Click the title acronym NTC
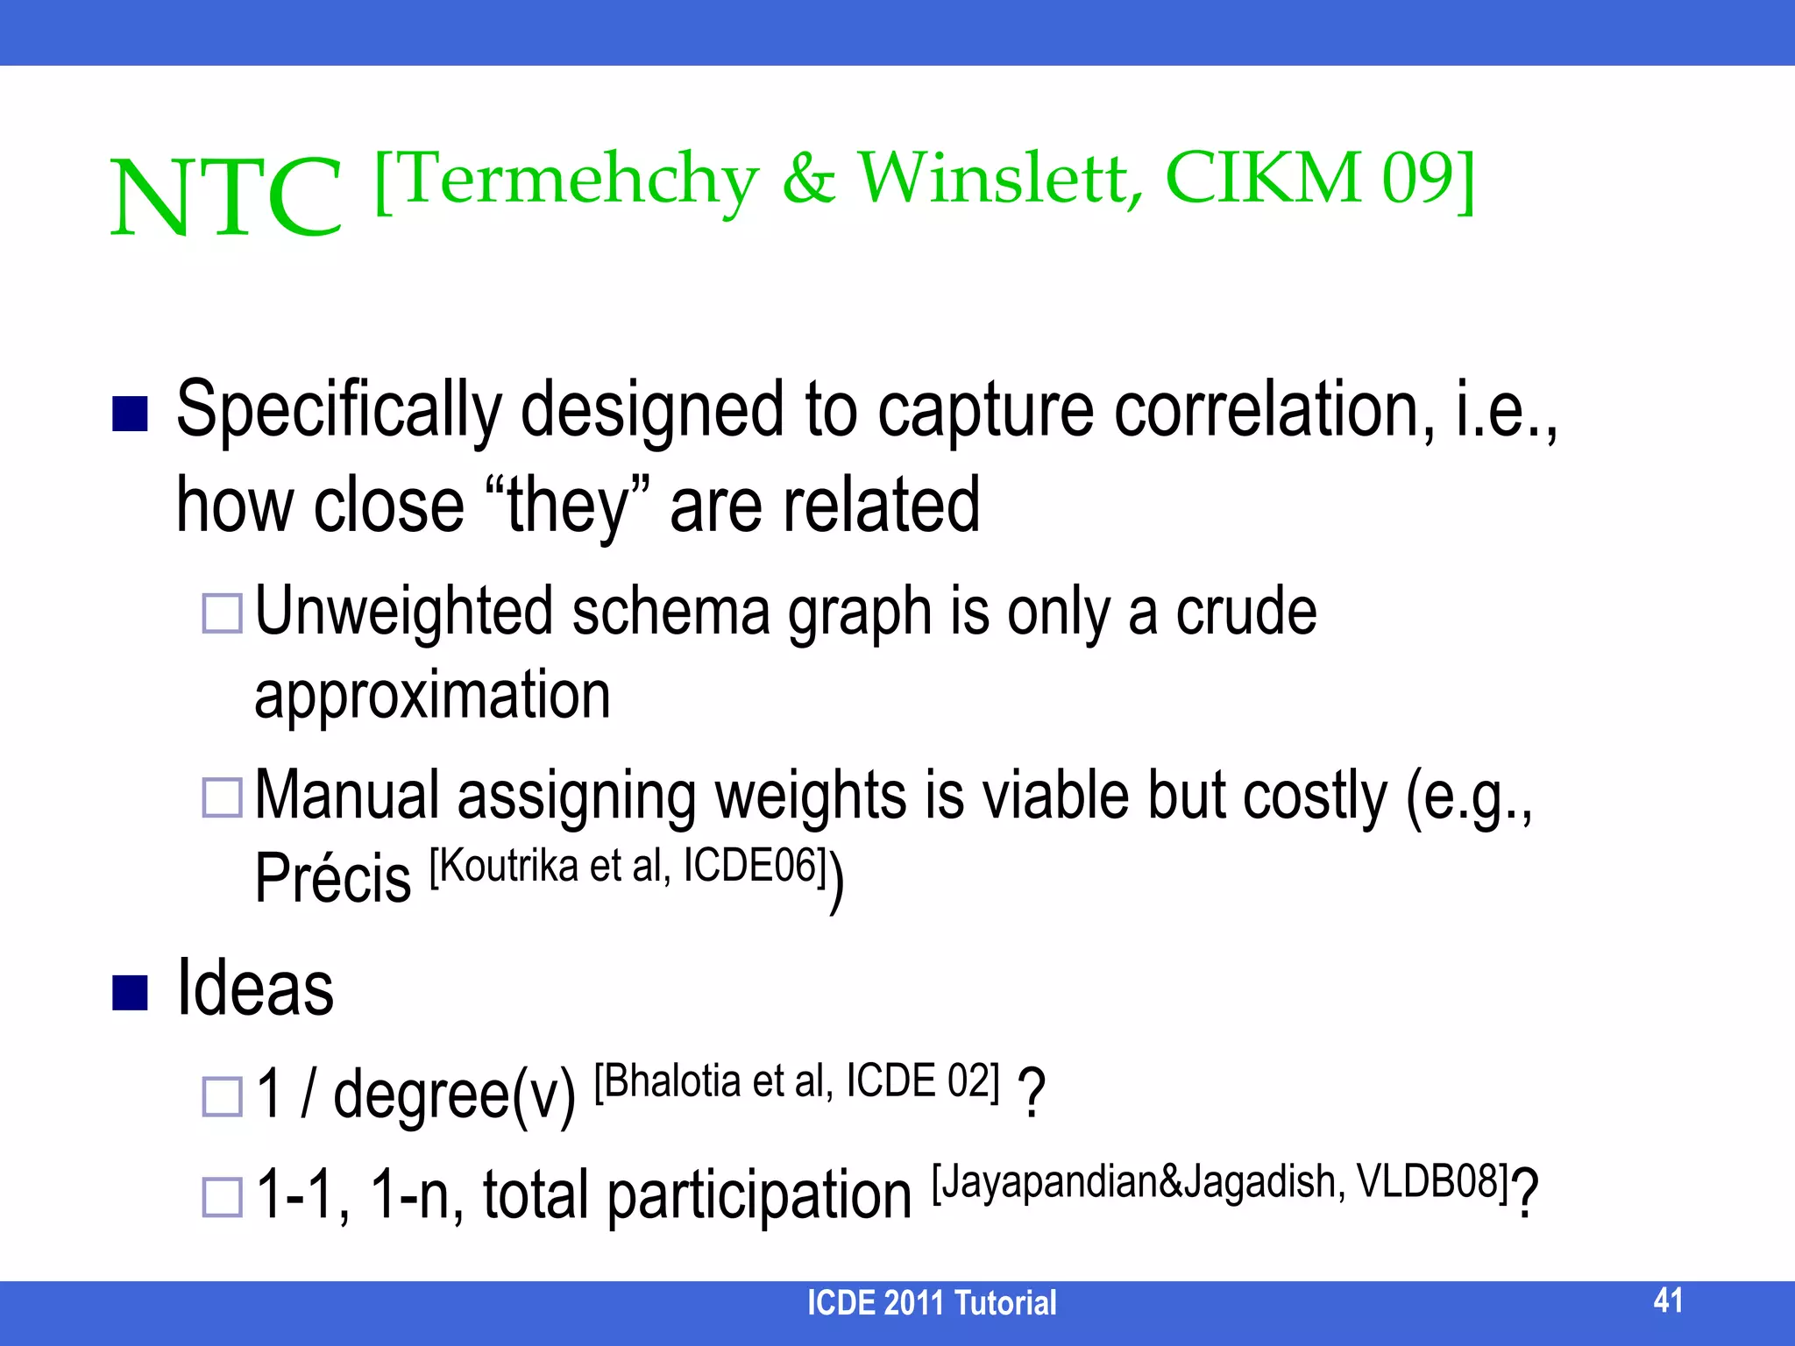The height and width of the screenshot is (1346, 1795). coord(226,197)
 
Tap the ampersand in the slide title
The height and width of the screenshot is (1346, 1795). coord(808,179)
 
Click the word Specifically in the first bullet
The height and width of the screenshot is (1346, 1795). coord(338,410)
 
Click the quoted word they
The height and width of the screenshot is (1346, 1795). coord(568,506)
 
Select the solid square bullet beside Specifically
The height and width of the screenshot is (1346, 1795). coord(130,414)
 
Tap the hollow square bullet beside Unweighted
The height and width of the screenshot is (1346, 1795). coord(222,613)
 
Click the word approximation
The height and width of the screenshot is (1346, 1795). coord(432,695)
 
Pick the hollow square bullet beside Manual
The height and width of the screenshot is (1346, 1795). coord(222,797)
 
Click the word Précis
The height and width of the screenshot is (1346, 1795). coord(332,877)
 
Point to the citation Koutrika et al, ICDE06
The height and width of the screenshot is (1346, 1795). coord(628,866)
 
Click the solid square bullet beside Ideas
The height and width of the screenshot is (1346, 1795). coord(130,992)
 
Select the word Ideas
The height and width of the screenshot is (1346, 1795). coord(255,988)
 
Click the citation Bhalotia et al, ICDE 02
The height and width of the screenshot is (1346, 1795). coord(797,1080)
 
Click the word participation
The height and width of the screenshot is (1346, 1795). coord(759,1195)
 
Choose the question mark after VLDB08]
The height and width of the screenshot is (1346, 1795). coord(1525,1194)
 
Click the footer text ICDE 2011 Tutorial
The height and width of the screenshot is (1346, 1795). coord(931,1303)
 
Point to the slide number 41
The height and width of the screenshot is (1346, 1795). coord(1668,1300)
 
